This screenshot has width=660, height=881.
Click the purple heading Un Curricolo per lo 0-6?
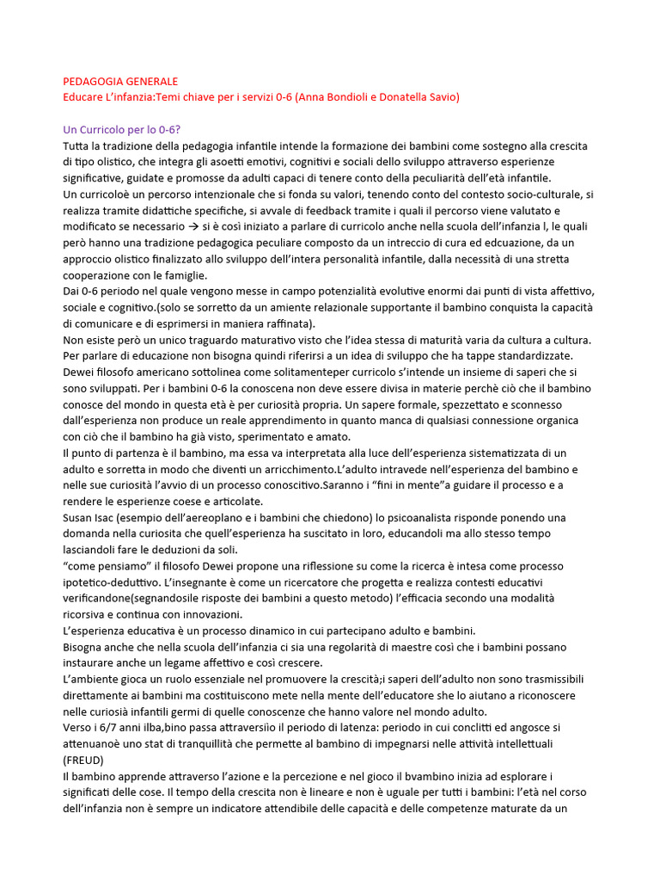click(122, 130)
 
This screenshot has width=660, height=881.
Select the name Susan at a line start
click(81, 517)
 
